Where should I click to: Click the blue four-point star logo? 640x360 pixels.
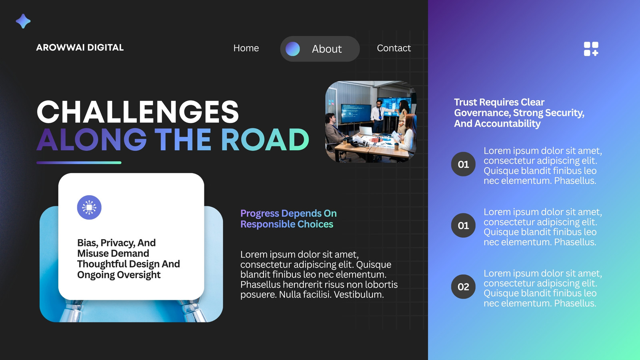pos(23,21)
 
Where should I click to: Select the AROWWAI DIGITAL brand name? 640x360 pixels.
pos(80,48)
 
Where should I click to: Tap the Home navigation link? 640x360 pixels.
pos(246,48)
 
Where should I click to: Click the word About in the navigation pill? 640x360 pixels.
pos(326,49)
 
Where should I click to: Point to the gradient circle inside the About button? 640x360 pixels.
pos(292,49)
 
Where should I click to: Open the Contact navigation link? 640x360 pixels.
pos(394,48)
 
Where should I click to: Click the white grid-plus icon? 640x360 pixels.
pos(591,49)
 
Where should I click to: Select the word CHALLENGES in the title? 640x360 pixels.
pos(138,112)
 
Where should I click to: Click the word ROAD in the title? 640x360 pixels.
pos(265,140)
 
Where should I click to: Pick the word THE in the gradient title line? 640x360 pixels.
pos(183,140)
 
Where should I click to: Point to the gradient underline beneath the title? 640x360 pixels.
pos(79,162)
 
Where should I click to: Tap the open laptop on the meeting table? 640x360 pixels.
pos(366,131)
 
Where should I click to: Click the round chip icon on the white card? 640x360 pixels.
pos(89,208)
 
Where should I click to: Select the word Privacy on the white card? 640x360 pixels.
pos(116,243)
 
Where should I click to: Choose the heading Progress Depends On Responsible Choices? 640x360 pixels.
pos(288,218)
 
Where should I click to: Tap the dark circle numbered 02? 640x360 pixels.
pos(463,286)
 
